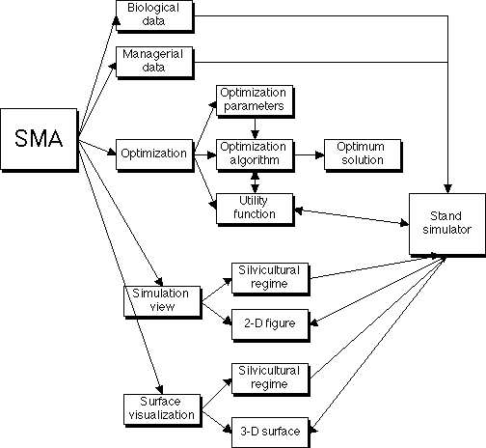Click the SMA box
click(39, 139)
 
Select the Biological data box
click(154, 16)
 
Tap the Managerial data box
click(154, 63)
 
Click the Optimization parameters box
click(255, 101)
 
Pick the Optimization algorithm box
click(255, 155)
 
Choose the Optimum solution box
click(363, 155)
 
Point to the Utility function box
click(255, 210)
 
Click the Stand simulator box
click(447, 225)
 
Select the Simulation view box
click(162, 302)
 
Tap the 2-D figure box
click(270, 325)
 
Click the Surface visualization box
click(162, 410)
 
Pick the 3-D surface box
click(270, 433)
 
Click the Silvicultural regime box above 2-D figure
click(270, 279)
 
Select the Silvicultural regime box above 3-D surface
click(270, 379)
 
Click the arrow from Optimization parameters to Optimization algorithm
click(255, 128)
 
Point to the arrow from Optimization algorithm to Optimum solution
click(310, 155)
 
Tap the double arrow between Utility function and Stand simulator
click(352, 217)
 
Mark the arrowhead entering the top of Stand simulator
click(447, 188)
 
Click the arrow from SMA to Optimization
click(97, 148)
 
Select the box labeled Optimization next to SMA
click(154, 155)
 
